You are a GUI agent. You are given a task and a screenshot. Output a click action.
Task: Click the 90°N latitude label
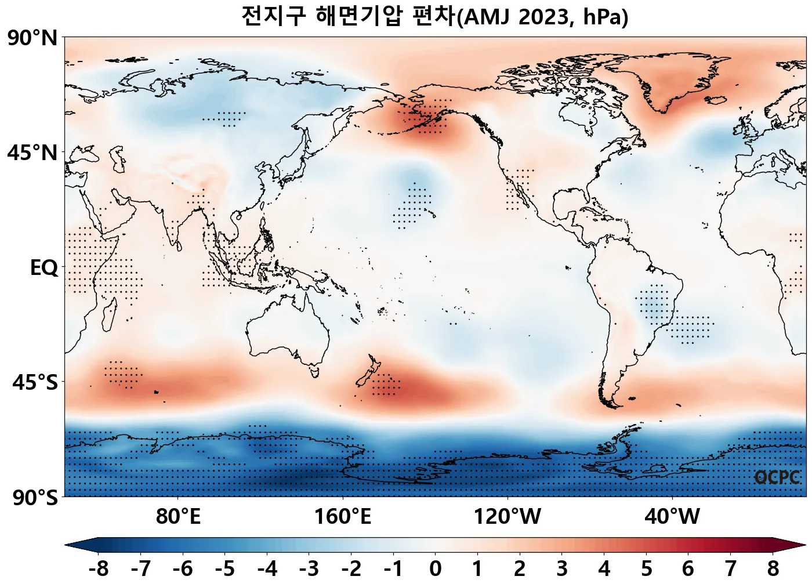tap(32, 39)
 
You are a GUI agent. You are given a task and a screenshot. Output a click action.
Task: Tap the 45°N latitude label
tap(32, 153)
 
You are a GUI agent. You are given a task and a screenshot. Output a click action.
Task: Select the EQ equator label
tap(44, 268)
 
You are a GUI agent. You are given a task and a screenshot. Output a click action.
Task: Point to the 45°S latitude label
tap(35, 383)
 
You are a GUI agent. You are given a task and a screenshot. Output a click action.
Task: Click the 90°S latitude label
tap(35, 498)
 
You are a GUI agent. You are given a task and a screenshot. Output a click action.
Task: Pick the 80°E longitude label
tap(178, 516)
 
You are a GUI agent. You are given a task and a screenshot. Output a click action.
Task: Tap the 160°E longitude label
tap(343, 516)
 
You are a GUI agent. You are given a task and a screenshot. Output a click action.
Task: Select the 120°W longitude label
tap(507, 516)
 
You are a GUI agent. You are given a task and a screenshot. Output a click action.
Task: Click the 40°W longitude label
tap(672, 516)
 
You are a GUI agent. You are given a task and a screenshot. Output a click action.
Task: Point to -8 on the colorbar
tap(99, 569)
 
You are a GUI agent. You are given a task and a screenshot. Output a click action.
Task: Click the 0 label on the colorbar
tap(436, 569)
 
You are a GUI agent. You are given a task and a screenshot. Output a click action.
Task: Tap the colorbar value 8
tap(773, 569)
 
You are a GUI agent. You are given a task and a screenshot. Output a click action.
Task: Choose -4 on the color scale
tap(267, 569)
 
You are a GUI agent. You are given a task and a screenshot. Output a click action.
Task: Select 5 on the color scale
tap(646, 569)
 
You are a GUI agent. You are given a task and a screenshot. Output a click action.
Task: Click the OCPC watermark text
tap(777, 477)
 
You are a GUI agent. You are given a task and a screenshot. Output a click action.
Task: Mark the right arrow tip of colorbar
tap(804, 545)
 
